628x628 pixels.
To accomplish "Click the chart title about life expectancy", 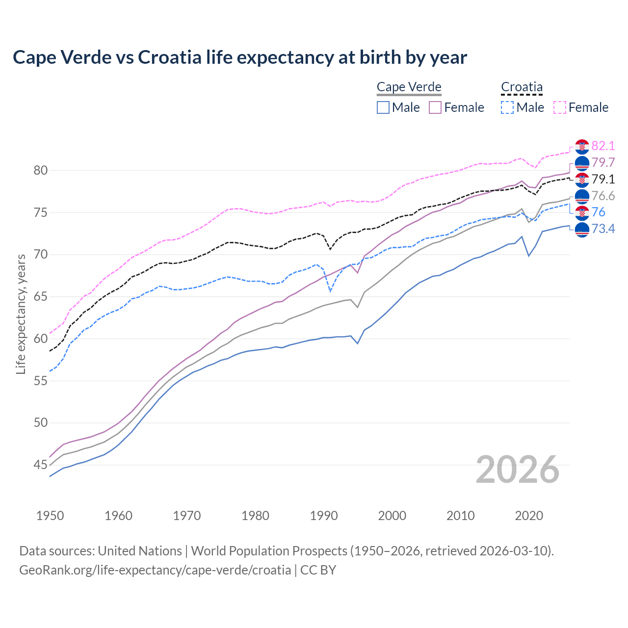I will click(239, 57).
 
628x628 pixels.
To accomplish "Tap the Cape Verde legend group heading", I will click(409, 87).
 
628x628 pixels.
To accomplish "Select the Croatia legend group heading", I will click(522, 87).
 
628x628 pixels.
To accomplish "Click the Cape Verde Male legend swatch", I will click(383, 107).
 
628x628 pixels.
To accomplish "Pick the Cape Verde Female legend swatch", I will click(435, 107).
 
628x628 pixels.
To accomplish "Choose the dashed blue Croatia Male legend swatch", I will click(507, 107).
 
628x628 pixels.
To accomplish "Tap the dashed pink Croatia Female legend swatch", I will click(560, 107).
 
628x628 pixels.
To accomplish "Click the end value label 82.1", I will click(603, 146).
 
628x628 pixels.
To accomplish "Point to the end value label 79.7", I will click(603, 162).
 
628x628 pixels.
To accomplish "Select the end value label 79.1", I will click(603, 179).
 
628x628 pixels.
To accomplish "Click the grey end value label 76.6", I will click(603, 196).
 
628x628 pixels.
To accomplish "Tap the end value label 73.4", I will click(603, 229).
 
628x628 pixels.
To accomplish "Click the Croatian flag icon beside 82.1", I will click(582, 146).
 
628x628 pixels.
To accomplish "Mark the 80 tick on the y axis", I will click(41, 171).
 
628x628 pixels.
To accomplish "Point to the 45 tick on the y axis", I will click(41, 465).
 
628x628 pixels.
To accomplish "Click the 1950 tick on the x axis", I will click(50, 516).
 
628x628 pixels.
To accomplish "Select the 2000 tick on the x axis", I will click(392, 516).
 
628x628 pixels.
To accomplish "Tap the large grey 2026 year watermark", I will click(518, 470).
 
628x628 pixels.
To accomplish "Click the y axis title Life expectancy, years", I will click(21, 314).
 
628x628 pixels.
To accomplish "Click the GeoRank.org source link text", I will click(155, 570).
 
